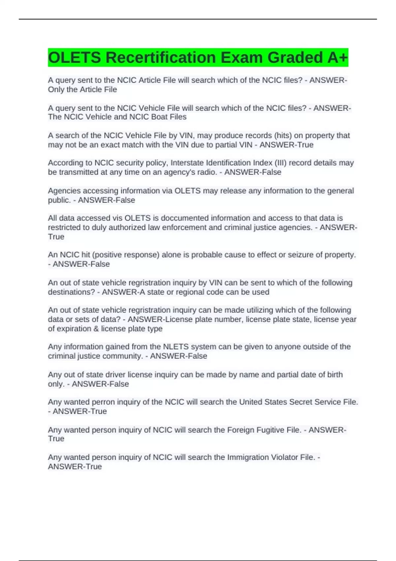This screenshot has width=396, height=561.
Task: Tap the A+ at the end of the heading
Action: coord(337,57)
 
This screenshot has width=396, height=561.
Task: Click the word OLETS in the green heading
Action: coord(74,57)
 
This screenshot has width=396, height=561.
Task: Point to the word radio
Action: coord(207,172)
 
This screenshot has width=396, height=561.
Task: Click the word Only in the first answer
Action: coord(56,89)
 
